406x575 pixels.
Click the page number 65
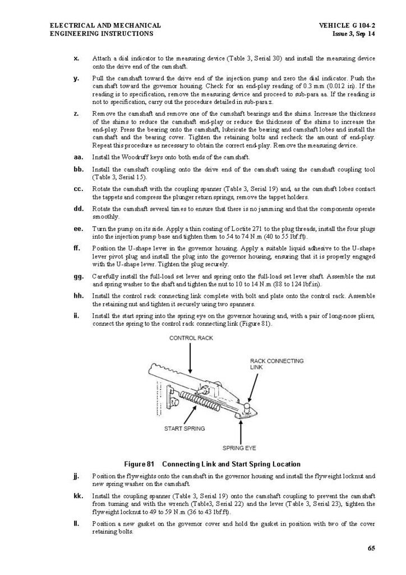tap(371, 549)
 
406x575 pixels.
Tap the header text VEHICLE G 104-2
tap(347, 26)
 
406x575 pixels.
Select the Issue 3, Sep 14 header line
tap(354, 34)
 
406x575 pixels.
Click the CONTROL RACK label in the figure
tap(191, 338)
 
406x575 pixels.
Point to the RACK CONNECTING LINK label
tap(276, 364)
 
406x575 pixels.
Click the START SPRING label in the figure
tap(184, 428)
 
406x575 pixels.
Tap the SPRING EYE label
tap(239, 448)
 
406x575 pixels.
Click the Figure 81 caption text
tap(212, 464)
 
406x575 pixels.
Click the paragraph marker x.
tap(76, 58)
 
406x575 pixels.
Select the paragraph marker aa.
tap(78, 157)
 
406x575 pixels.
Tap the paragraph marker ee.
tap(78, 229)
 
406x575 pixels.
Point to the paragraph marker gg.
tap(78, 276)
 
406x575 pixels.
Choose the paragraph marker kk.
tap(78, 496)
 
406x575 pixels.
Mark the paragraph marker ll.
tap(76, 523)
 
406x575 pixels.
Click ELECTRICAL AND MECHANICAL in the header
tap(105, 26)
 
